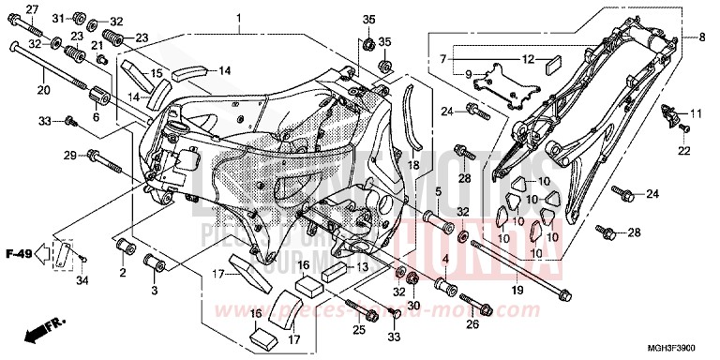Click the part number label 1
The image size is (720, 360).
coord(238,19)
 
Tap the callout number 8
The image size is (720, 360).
coord(700,37)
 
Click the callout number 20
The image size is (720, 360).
coord(42,90)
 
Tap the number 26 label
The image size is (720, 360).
coord(472,324)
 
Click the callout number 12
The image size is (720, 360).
coord(528,60)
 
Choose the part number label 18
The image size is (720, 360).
coord(412,164)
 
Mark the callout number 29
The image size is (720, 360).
coord(69,155)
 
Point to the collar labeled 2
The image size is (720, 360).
coord(124,250)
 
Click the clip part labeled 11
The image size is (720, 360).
coord(669,116)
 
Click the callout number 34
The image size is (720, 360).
coord(82,280)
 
